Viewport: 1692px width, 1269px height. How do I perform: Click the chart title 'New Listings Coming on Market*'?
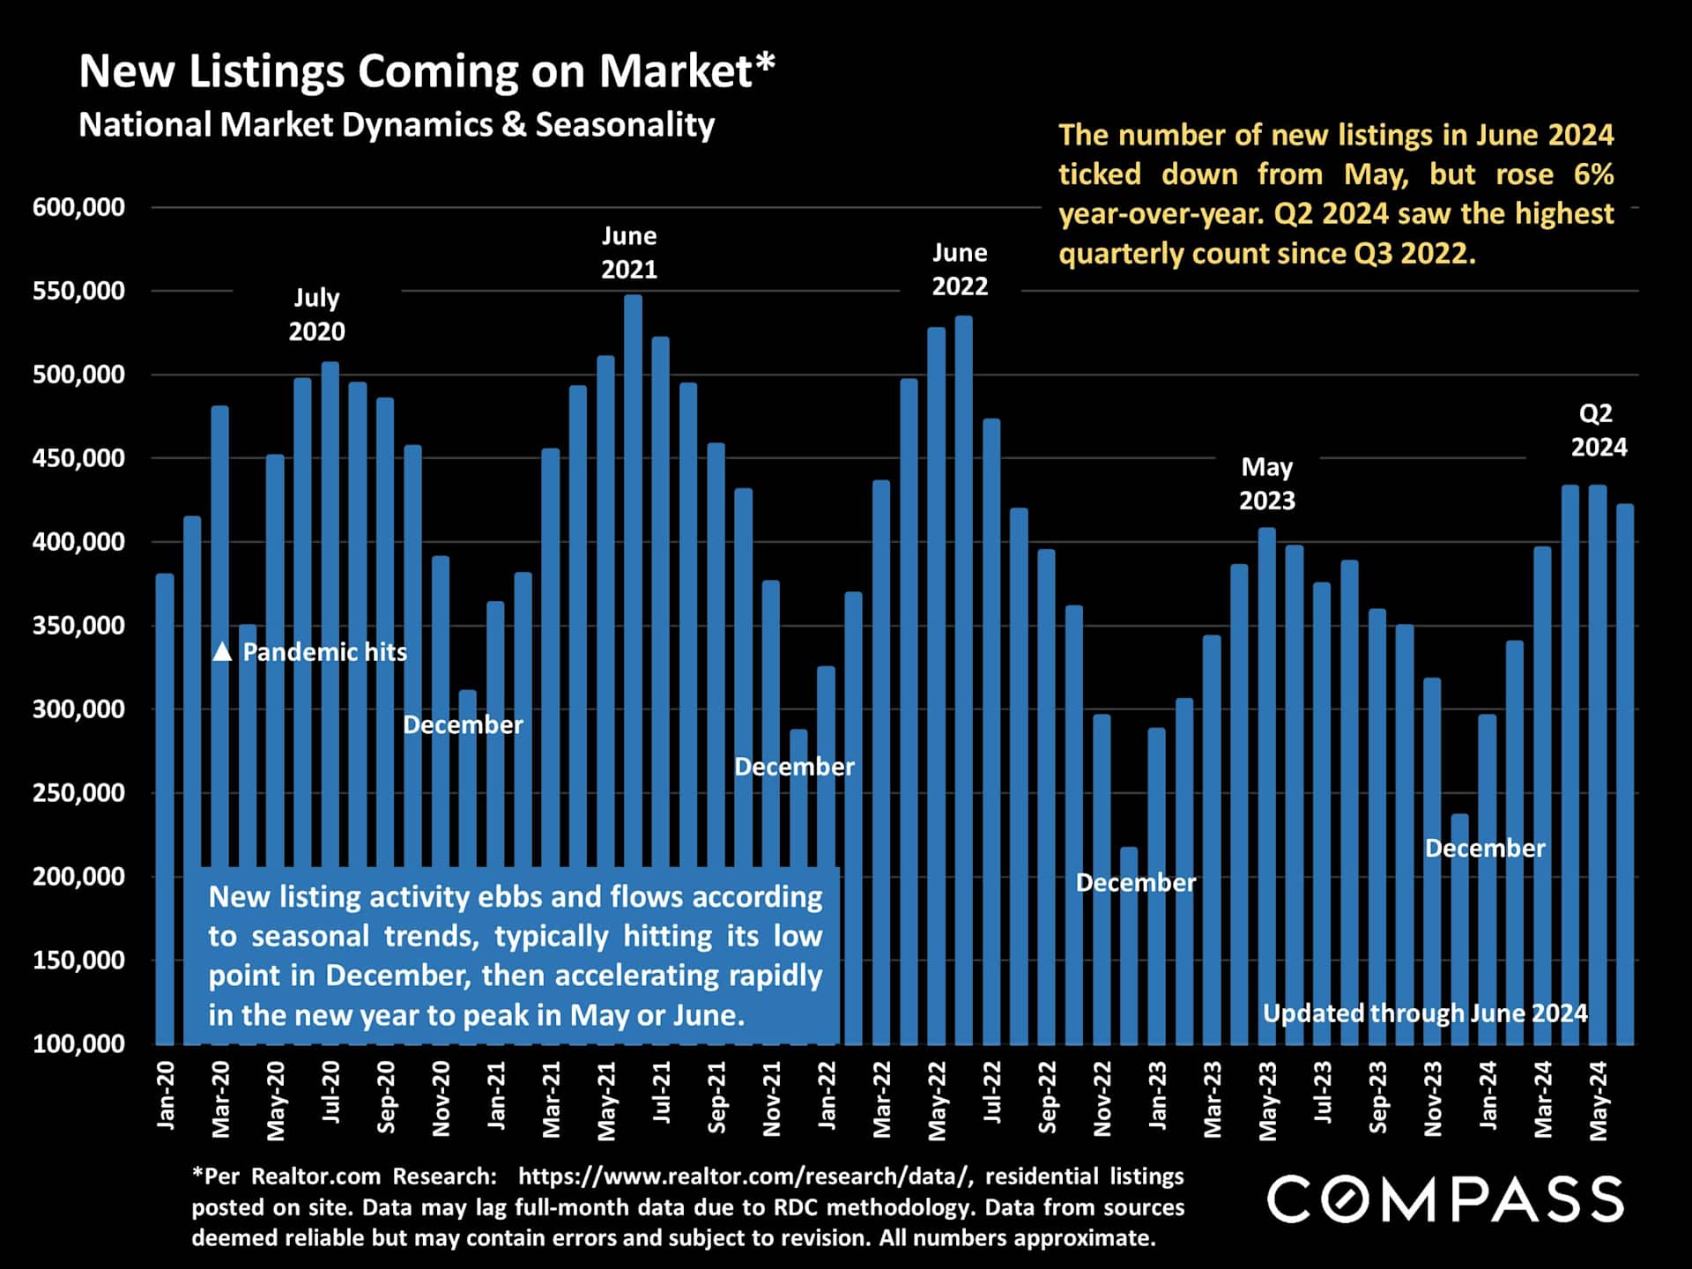coord(427,71)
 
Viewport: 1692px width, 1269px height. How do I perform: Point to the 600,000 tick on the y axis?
coord(78,208)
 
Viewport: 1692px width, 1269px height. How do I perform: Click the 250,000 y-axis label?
coord(78,793)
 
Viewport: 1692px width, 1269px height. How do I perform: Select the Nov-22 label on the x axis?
coord(1102,1098)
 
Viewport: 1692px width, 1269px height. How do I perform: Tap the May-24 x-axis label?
coord(1599,1100)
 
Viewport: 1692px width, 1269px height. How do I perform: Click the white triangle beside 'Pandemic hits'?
coord(222,652)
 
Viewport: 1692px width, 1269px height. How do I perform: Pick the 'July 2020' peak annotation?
coord(316,315)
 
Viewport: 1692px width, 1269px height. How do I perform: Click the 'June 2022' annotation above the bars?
coord(960,270)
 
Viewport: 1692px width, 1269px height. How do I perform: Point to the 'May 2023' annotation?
coord(1267,484)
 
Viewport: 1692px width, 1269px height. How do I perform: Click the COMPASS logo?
coord(1445,1199)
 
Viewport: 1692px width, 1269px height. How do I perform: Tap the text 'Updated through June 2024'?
coord(1425,1013)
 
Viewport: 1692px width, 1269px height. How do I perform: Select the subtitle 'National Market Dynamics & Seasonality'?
coord(397,125)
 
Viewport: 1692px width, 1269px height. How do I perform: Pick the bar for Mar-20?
coord(220,723)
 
